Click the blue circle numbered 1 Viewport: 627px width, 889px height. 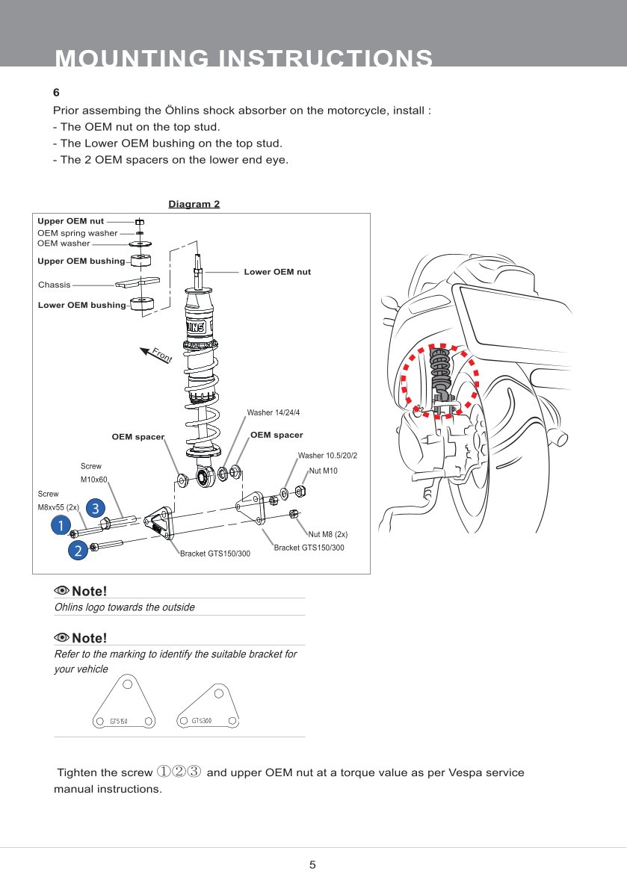pos(57,526)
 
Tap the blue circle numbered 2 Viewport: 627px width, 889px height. pos(77,551)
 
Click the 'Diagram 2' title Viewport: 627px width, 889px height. pos(194,204)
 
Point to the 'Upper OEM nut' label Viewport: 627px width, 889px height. pos(71,221)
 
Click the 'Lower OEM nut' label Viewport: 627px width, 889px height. pos(277,272)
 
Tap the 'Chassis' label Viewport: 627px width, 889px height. pos(54,285)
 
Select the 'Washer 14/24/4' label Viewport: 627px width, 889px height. pos(273,412)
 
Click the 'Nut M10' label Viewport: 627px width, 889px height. pos(324,471)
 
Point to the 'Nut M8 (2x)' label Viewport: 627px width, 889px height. pos(328,534)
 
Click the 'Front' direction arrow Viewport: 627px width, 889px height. pos(155,353)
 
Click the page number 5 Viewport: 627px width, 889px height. pos(312,865)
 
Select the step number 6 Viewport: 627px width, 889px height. pos(56,93)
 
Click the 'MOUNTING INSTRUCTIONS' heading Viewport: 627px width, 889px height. pos(244,58)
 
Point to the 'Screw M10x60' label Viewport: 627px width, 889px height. pos(93,473)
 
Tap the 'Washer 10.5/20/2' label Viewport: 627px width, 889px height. pos(327,456)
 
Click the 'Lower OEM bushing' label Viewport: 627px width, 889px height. pos(81,305)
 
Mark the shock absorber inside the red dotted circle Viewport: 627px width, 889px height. pos(441,374)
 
